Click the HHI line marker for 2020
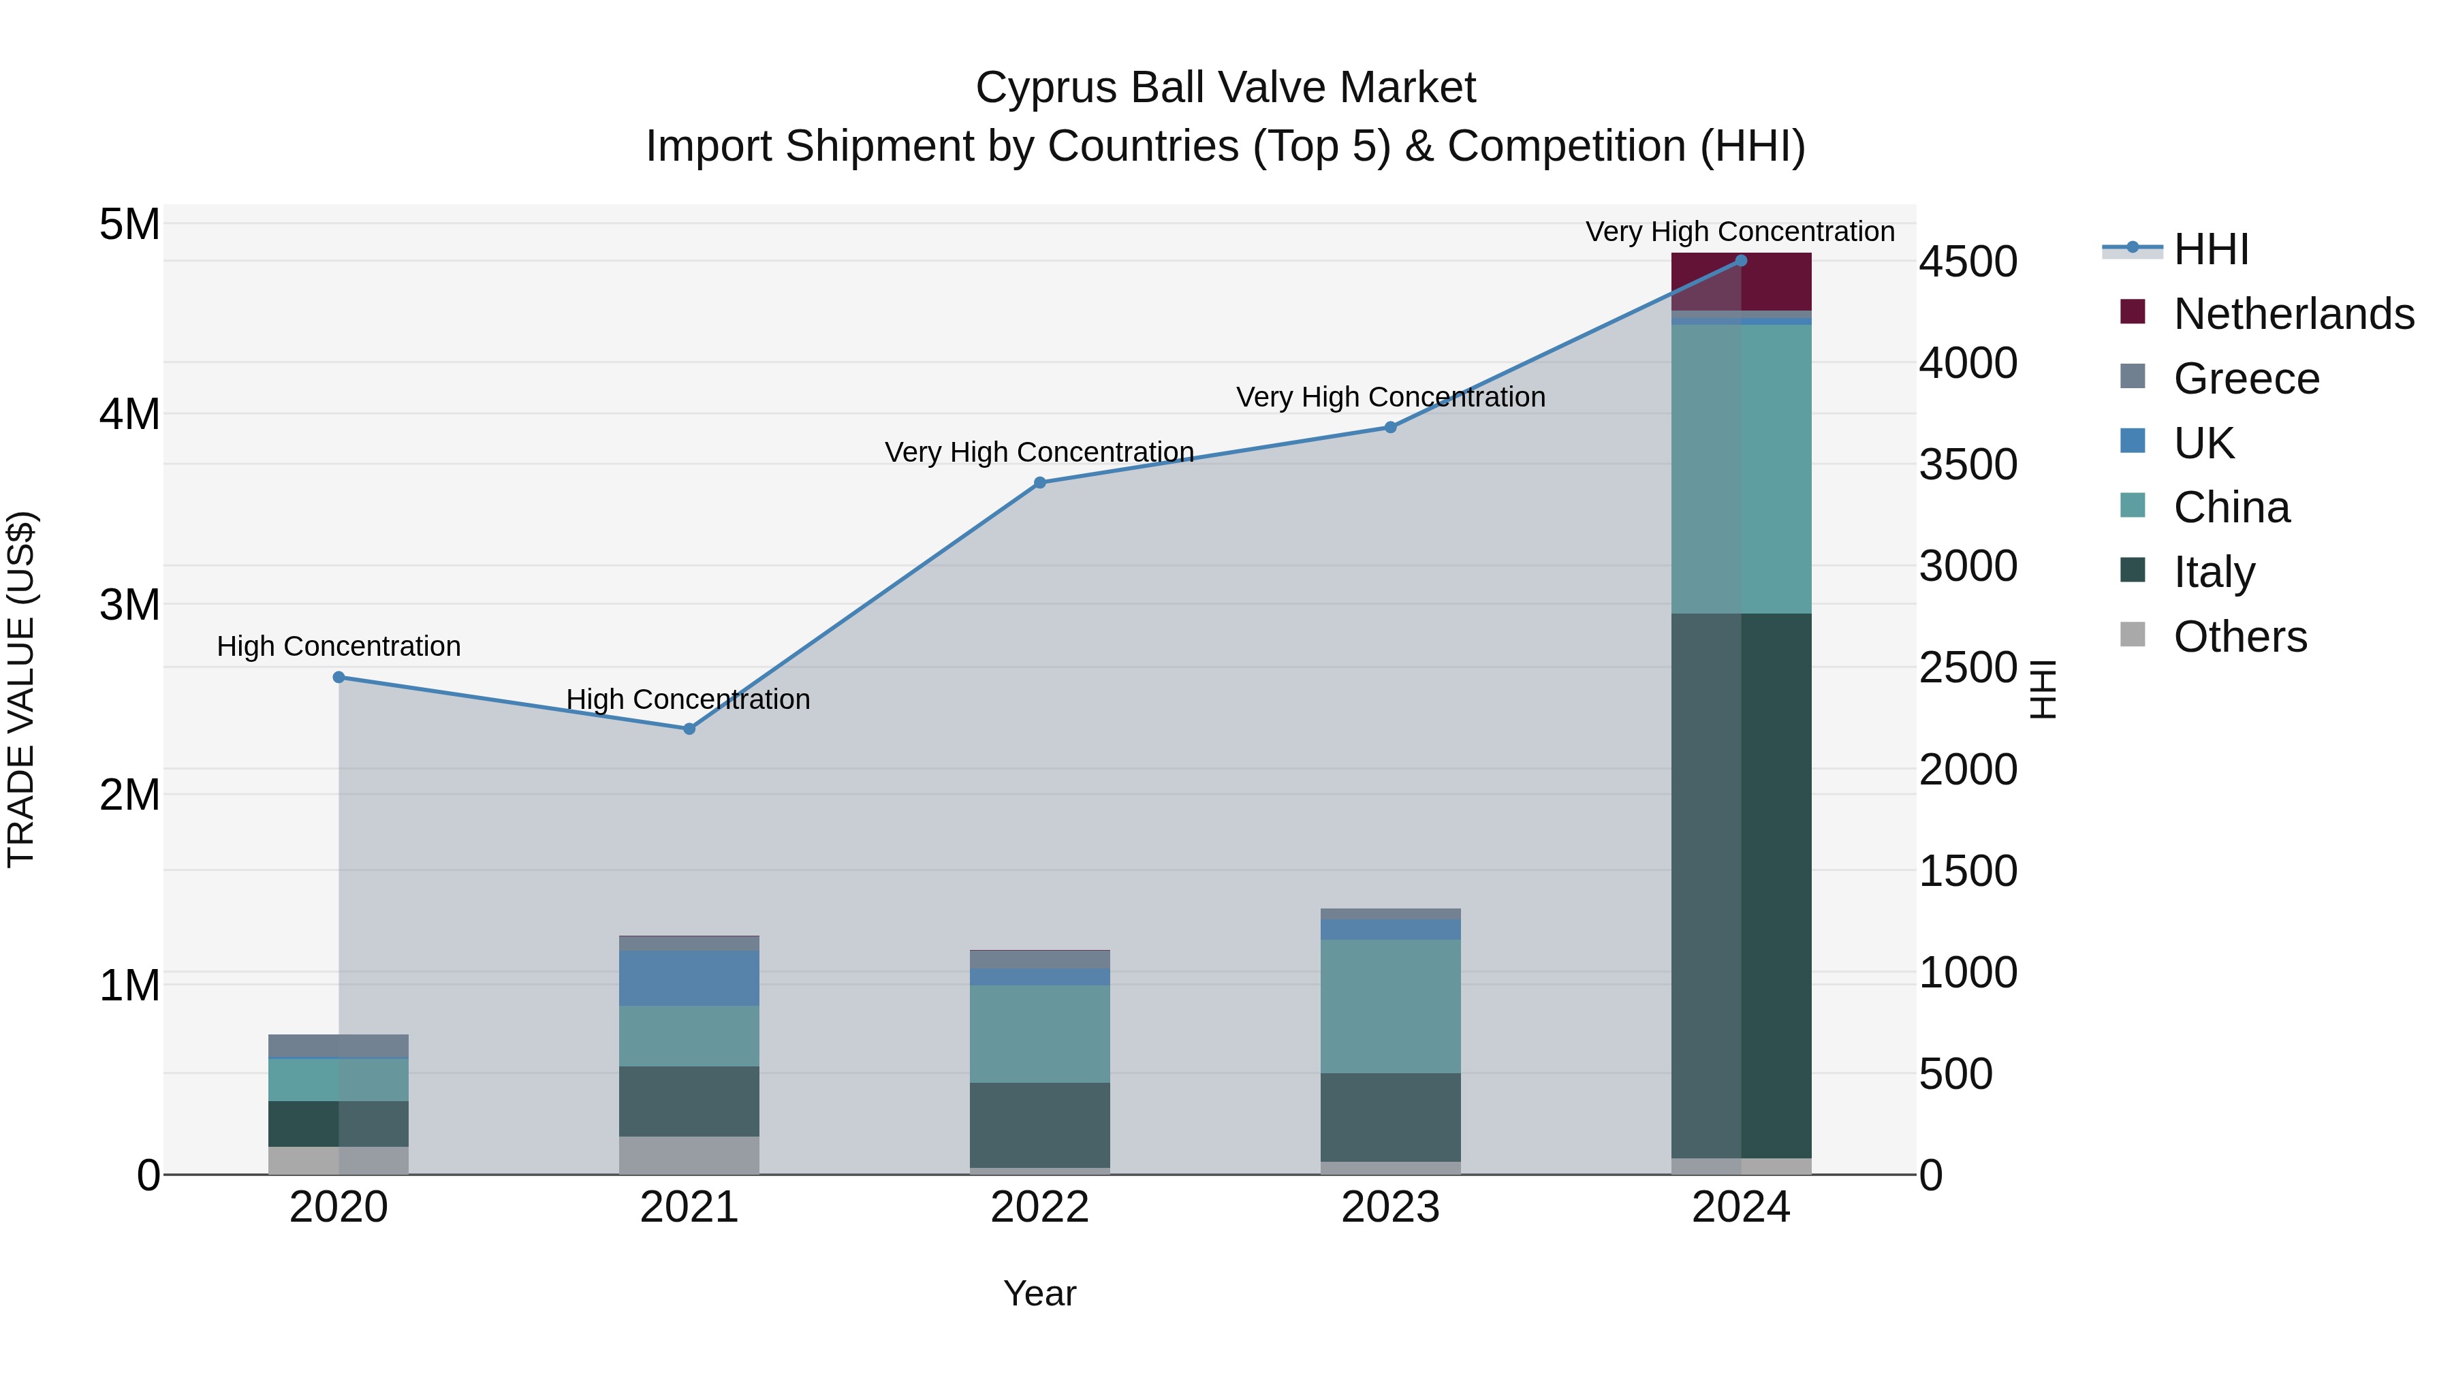tap(339, 678)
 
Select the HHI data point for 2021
tap(689, 729)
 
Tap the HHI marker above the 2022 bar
tap(1039, 483)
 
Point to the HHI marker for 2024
tap(1741, 261)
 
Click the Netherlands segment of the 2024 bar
tap(1741, 283)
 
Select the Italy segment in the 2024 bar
tap(1741, 885)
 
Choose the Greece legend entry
tap(2246, 379)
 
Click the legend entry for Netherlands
tap(2293, 314)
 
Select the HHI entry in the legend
tap(2210, 249)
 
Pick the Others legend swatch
tap(2133, 635)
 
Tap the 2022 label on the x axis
tap(1039, 1207)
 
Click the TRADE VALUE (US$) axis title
tap(21, 689)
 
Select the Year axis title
tap(1039, 1293)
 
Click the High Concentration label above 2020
tap(339, 646)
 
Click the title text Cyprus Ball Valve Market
tap(1225, 88)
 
